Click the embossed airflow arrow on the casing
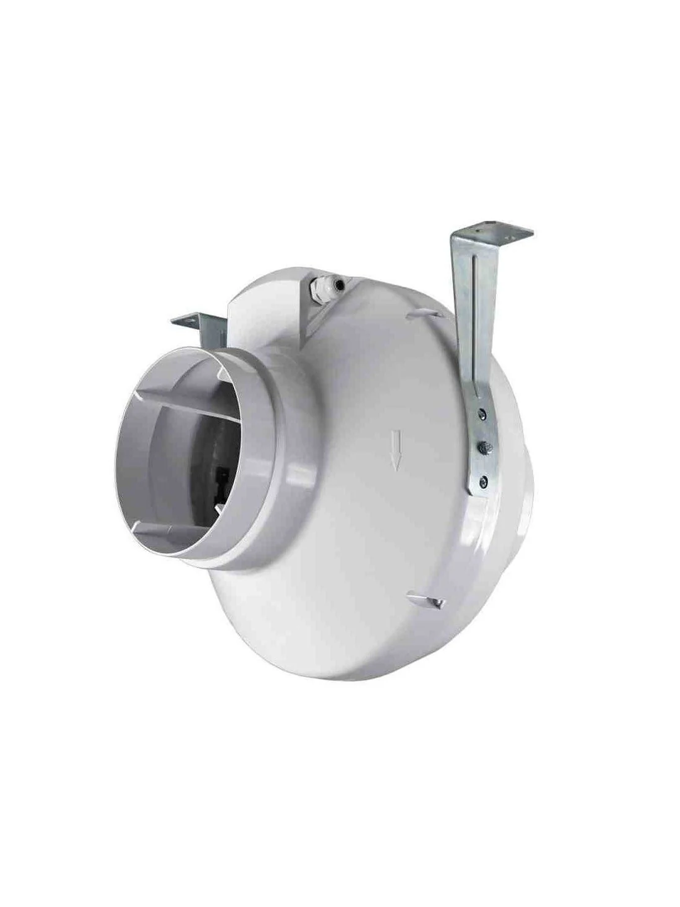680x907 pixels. [397, 451]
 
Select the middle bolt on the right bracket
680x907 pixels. [484, 446]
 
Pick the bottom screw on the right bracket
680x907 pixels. [485, 479]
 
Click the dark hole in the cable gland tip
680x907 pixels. [337, 284]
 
